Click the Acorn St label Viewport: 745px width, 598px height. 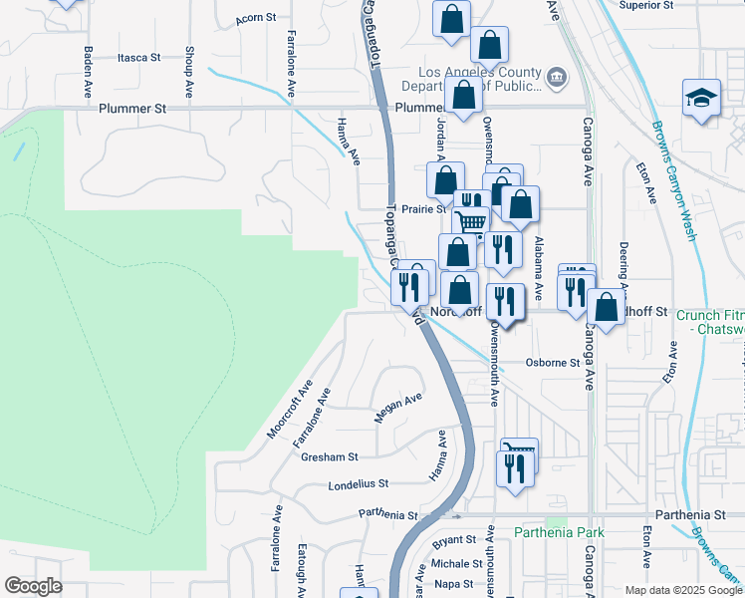click(254, 19)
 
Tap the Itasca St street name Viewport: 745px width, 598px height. click(138, 58)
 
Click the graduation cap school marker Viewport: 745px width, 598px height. click(701, 99)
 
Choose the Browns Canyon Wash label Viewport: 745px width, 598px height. click(672, 180)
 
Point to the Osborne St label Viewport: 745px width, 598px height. click(553, 363)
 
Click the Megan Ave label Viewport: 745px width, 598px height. click(398, 408)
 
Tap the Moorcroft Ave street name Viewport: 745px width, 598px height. click(289, 409)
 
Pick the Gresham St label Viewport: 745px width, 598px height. click(333, 457)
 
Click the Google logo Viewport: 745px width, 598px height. click(33, 586)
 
